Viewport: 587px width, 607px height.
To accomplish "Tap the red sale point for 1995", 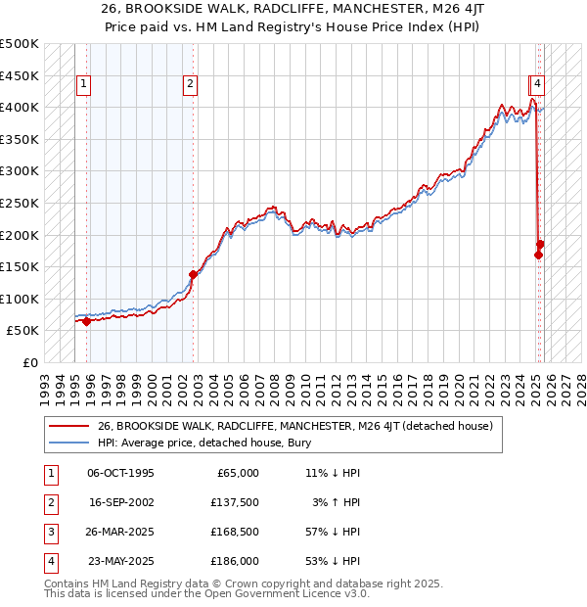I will click(x=87, y=321).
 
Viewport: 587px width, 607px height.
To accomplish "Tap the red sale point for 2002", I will click(x=193, y=275).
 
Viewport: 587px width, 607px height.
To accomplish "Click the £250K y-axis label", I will click(x=20, y=203).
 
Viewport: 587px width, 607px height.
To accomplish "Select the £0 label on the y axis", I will click(x=28, y=362).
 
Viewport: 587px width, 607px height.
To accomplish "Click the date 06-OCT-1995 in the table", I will click(x=120, y=473).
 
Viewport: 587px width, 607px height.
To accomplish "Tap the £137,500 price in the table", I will click(x=236, y=502).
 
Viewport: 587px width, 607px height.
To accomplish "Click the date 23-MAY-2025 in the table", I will click(x=120, y=561).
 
